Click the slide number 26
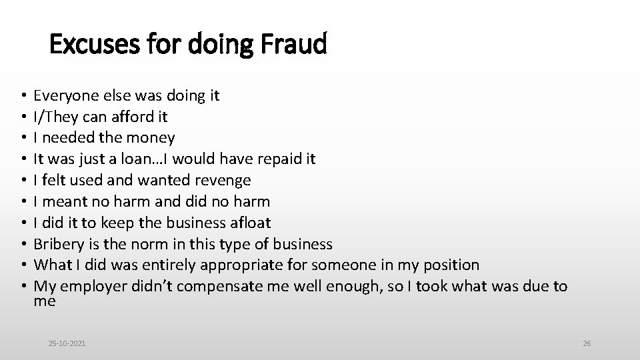(587, 343)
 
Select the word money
(153, 138)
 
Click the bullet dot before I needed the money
(23, 138)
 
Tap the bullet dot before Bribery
(23, 244)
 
